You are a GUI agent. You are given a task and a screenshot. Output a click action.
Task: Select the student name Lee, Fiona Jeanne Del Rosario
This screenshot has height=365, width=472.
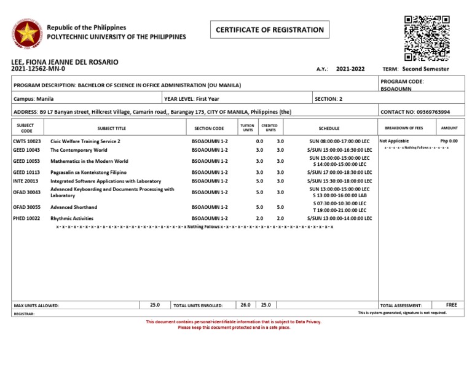click(x=65, y=62)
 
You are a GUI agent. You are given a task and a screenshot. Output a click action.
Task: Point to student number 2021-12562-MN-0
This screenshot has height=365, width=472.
click(x=38, y=69)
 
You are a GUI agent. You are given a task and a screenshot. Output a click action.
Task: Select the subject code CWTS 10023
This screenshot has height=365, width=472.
click(x=26, y=141)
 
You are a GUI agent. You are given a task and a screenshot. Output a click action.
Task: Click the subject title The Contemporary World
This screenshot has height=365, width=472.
click(x=79, y=150)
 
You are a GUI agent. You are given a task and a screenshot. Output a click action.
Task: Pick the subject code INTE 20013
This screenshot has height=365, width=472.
click(x=26, y=181)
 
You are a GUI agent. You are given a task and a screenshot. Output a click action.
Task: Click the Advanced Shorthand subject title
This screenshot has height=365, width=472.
click(x=74, y=207)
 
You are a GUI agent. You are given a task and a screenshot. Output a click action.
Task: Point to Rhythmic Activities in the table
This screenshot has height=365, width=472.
click(x=69, y=218)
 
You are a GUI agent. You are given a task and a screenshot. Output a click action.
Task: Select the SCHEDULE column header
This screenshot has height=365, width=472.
click(x=328, y=128)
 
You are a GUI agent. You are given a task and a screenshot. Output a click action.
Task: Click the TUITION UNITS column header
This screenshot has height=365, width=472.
click(x=248, y=128)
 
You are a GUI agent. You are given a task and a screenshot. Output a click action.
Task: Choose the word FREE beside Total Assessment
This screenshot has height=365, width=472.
click(x=452, y=305)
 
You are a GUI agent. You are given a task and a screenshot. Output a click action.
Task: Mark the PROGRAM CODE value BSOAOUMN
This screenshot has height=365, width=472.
click(x=396, y=88)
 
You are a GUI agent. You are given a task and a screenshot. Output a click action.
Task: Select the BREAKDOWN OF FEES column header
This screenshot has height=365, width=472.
click(x=403, y=128)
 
